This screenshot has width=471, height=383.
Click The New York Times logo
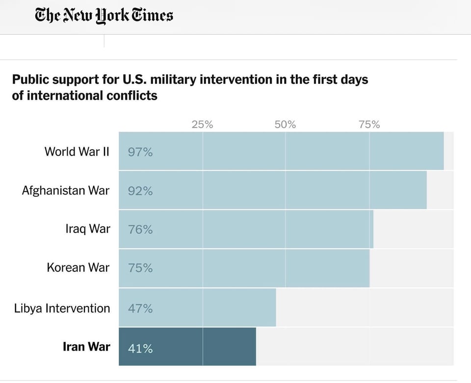click(104, 15)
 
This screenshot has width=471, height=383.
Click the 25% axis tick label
click(202, 125)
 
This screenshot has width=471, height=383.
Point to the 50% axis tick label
click(285, 125)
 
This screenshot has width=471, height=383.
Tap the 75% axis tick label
click(369, 125)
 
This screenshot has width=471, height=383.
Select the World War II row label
click(77, 151)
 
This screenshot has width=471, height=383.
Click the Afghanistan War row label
click(66, 190)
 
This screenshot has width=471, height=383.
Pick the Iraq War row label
click(88, 229)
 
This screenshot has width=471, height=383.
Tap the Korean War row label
click(78, 268)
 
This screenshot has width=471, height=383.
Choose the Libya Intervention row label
click(62, 308)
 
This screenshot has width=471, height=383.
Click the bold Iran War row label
click(86, 347)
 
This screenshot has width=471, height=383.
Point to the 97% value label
click(140, 153)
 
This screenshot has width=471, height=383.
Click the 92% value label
click(140, 191)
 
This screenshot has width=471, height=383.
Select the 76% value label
click(140, 230)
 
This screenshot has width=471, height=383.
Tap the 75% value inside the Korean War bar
click(140, 269)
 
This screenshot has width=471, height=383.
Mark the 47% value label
click(140, 309)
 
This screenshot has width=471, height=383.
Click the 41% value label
click(140, 349)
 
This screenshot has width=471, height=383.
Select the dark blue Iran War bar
click(196, 347)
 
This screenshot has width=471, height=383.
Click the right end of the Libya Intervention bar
click(274, 307)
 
